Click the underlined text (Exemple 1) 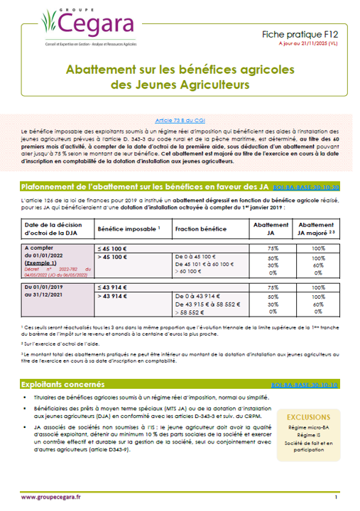pos(42,263)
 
